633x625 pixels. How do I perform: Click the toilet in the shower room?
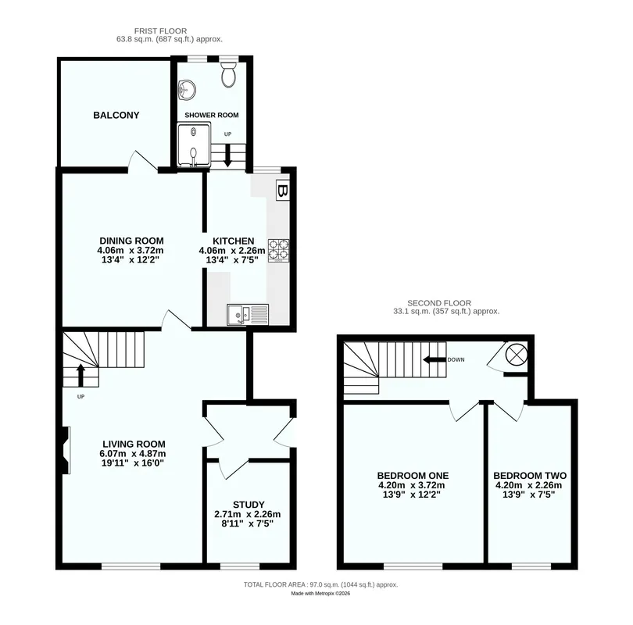(x=228, y=74)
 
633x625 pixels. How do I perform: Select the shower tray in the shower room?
(x=194, y=145)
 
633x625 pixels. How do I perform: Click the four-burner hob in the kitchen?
(x=278, y=251)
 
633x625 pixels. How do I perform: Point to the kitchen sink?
(x=248, y=315)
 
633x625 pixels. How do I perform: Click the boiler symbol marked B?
(x=283, y=191)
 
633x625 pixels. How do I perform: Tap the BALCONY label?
(x=116, y=116)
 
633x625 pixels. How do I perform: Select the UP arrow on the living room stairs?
(x=80, y=375)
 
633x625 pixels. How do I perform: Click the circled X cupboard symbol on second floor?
(x=517, y=355)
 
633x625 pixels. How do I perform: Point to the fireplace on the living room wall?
(x=66, y=450)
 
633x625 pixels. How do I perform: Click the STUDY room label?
(x=249, y=505)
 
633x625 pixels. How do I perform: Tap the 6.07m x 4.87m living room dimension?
(x=133, y=454)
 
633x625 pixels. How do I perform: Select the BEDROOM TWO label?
(x=530, y=476)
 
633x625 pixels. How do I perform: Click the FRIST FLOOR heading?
(x=161, y=31)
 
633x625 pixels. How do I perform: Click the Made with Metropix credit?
(x=320, y=594)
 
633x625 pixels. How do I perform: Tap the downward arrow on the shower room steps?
(x=227, y=155)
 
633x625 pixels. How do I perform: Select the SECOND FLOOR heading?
(x=439, y=303)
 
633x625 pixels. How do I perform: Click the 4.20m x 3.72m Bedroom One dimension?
(x=412, y=485)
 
